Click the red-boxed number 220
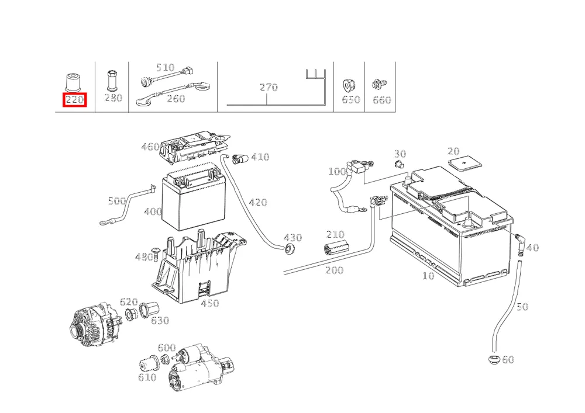coord(75,100)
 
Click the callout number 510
coord(166,67)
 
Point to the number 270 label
coord(269,87)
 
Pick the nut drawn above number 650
coord(349,86)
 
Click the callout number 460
coord(150,147)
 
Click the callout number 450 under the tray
coord(209,303)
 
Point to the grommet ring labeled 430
coord(289,249)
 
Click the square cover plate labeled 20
coord(464,163)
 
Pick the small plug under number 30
coord(399,164)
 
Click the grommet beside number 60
coord(494,360)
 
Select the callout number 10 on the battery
coord(428,276)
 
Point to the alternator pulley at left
coord(77,329)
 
